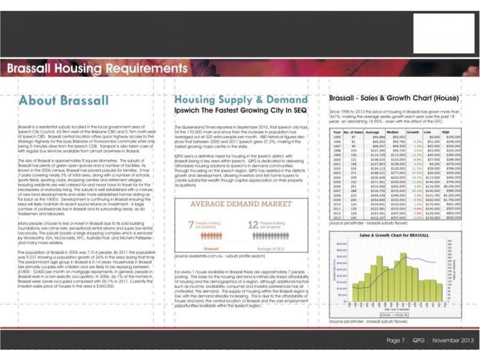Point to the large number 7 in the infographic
tap(191, 225)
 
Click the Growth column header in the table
tap(412, 131)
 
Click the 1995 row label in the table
tap(337, 137)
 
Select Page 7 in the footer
tap(395, 340)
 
